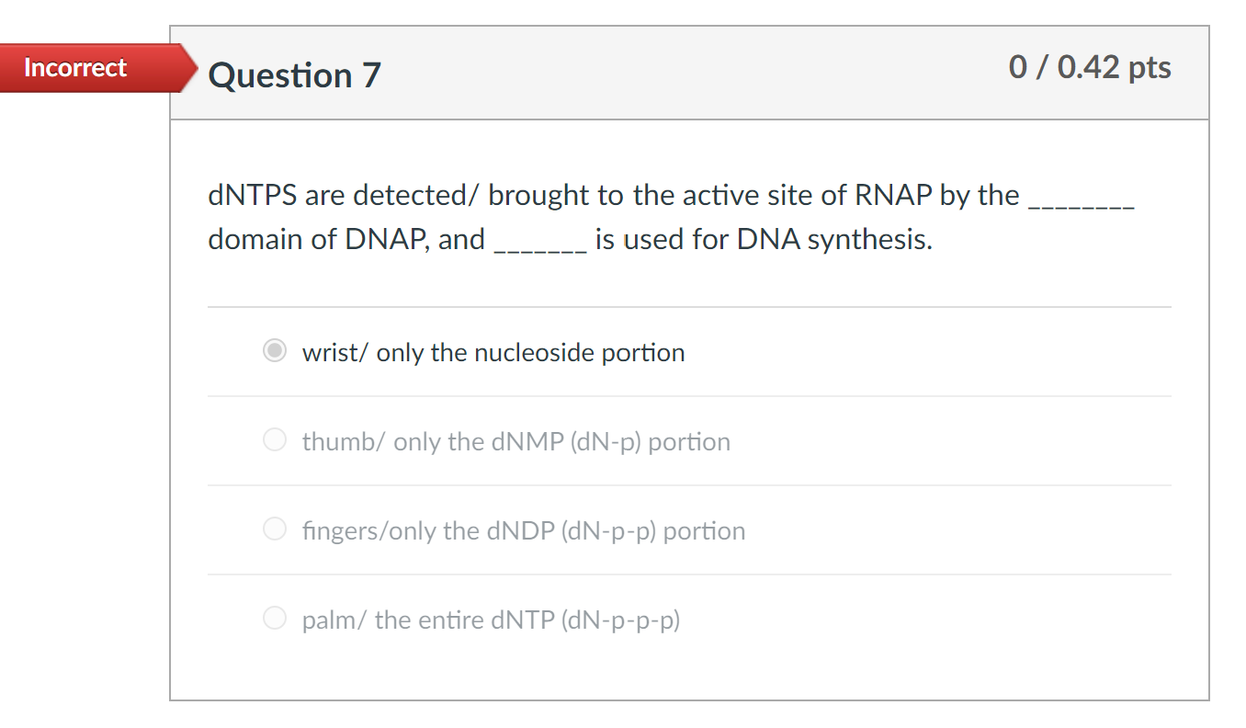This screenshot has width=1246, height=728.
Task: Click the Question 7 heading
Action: coord(294,75)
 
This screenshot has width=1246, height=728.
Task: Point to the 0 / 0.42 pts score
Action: coord(1089,67)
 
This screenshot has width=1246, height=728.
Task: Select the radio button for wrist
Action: coord(275,352)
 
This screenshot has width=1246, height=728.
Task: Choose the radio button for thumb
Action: coord(275,441)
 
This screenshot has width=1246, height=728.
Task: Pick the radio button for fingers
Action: coord(275,530)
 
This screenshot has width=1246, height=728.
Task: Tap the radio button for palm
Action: coord(275,620)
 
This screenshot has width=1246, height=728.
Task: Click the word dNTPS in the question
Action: coord(252,196)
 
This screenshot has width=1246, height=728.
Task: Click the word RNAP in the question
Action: coord(893,196)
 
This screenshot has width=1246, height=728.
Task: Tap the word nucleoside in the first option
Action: coord(533,353)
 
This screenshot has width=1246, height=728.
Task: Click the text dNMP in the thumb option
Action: coord(527,442)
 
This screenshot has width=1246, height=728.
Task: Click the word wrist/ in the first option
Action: coord(335,353)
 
